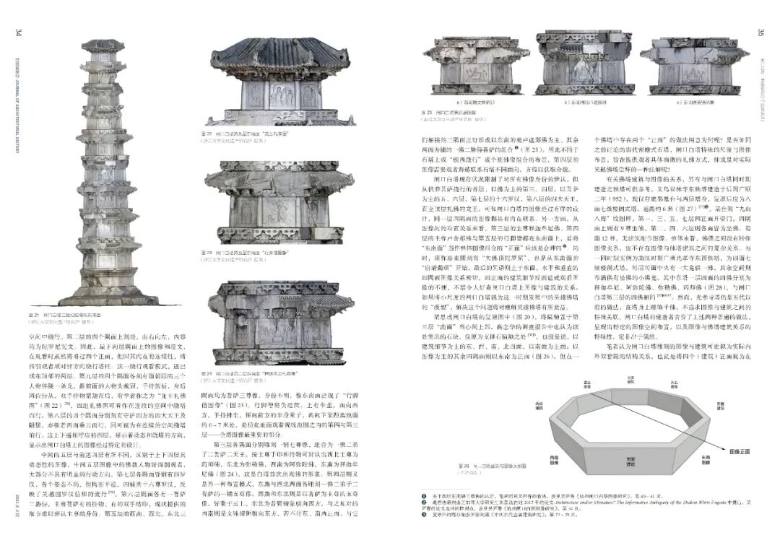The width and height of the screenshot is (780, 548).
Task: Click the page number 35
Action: coord(760,32)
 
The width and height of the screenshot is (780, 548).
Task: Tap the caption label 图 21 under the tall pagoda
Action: coord(33,315)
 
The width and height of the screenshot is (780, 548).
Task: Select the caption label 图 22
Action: coord(208,134)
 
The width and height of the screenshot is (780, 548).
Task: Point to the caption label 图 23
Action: coord(208,254)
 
